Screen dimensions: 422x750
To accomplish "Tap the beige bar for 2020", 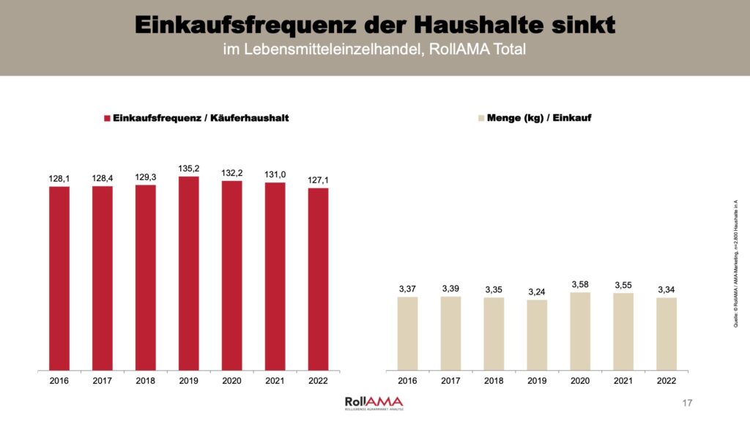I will click(580, 331).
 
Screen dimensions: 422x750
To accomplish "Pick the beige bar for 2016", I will click(407, 333).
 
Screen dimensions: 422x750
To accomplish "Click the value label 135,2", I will click(188, 168).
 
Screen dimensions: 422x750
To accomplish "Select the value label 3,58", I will click(580, 284).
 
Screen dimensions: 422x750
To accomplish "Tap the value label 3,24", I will click(537, 291).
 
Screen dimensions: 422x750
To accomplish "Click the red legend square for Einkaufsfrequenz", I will click(106, 118).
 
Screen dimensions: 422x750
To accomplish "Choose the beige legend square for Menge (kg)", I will click(480, 118).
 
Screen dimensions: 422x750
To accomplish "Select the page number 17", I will click(686, 403).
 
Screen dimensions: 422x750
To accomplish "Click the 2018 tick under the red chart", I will click(145, 381).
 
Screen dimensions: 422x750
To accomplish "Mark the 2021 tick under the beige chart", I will click(623, 381).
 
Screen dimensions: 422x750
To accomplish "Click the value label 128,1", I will click(59, 177).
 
